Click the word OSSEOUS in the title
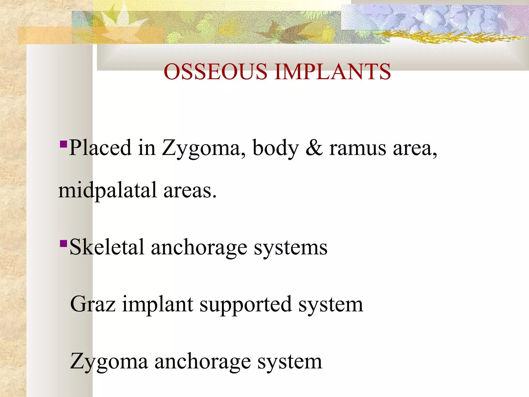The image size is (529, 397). pos(215,72)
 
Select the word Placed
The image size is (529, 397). pos(100,148)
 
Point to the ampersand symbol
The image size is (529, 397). pos(314,148)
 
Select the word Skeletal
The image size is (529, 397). pos(107,247)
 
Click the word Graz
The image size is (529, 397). pos(93,304)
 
